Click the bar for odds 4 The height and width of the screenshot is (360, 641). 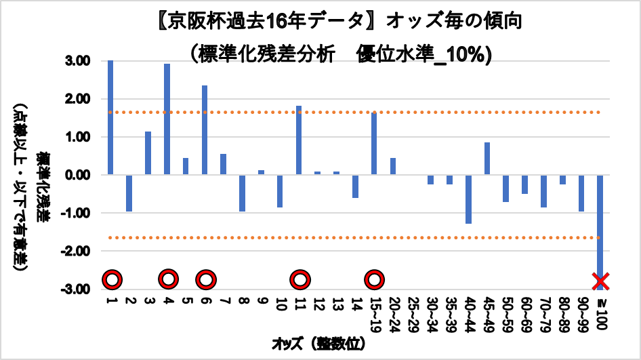(x=167, y=119)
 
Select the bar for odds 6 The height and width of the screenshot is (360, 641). (x=205, y=130)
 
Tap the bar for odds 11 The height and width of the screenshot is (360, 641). (x=299, y=140)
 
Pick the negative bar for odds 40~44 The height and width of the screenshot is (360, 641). (x=468, y=199)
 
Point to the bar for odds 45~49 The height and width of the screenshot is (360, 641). (x=487, y=159)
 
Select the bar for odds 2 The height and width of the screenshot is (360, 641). (x=129, y=193)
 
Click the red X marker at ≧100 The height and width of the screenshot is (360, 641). (x=600, y=280)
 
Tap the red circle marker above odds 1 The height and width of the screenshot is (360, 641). (x=112, y=279)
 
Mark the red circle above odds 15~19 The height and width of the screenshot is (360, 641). (x=375, y=279)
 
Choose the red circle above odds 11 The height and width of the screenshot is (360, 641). (x=299, y=279)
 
